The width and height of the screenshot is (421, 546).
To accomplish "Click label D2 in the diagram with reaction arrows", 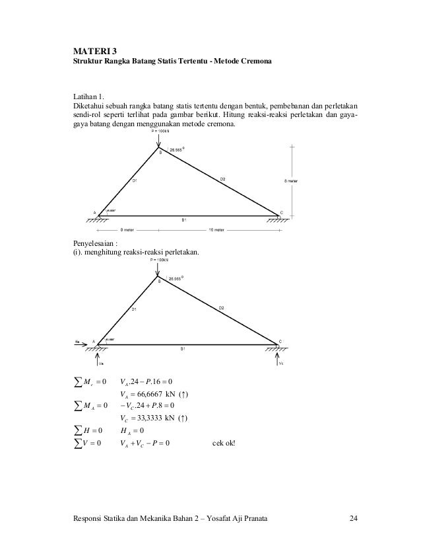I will pyautogui.click(x=223, y=307).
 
